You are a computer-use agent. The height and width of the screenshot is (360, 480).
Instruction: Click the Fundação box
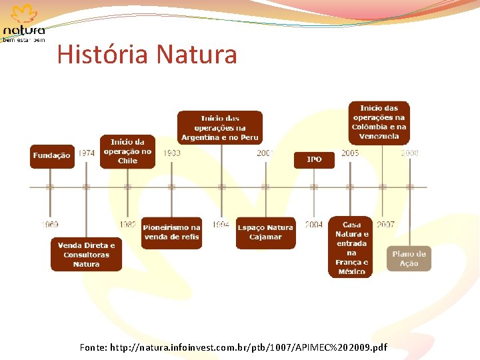(x=51, y=156)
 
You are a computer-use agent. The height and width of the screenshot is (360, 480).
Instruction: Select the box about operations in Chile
(x=127, y=151)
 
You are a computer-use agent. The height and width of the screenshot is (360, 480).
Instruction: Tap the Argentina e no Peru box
(x=220, y=127)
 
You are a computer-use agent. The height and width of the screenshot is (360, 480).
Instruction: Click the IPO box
(x=314, y=159)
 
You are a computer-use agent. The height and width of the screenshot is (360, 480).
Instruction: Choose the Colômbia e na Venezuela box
(x=379, y=122)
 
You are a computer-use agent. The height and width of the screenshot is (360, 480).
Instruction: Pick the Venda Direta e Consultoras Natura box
(x=86, y=255)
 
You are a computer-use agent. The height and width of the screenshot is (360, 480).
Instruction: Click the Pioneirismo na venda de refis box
(x=171, y=232)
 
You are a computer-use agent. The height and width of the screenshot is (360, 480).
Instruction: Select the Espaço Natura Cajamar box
(x=265, y=233)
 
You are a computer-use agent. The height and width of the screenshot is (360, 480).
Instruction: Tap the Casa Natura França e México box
(x=351, y=248)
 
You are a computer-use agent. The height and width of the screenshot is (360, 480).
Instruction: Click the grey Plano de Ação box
(x=409, y=259)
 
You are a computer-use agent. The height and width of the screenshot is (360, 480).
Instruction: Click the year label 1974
(x=86, y=153)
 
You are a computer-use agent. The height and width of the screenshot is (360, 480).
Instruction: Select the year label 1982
(x=128, y=225)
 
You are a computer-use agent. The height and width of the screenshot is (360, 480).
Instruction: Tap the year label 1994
(x=221, y=225)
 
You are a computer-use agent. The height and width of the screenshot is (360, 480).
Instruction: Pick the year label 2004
(x=314, y=225)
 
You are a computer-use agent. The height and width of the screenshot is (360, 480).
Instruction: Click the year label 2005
(x=350, y=153)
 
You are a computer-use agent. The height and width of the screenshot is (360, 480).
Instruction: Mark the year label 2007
(x=385, y=225)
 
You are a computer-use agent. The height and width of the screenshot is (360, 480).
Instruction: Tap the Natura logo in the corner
(x=24, y=23)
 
